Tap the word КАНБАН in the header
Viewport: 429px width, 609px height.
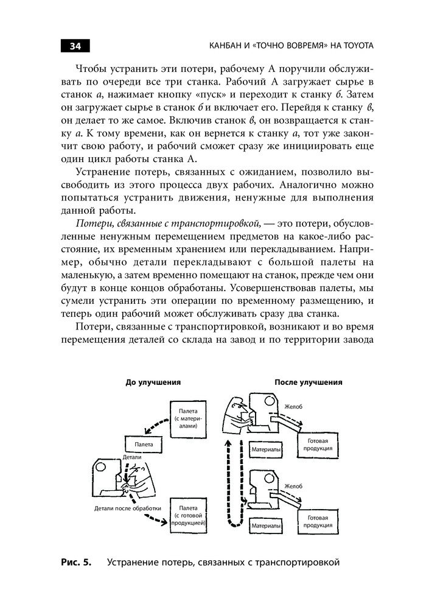(x=228, y=46)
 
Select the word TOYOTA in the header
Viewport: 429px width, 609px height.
(x=357, y=46)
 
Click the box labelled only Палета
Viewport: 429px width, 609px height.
(x=144, y=445)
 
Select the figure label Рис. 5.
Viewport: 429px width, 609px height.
(x=76, y=562)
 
